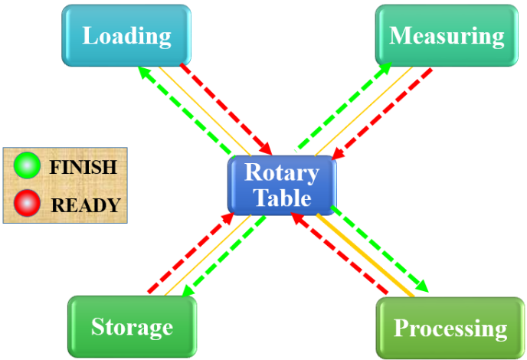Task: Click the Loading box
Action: [126, 35]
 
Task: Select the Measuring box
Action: [447, 35]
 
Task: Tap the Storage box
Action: [132, 327]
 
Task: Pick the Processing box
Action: [450, 329]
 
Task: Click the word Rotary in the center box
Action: [281, 172]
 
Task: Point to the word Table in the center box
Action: [282, 198]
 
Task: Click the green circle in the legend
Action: [28, 165]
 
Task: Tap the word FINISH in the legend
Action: [83, 167]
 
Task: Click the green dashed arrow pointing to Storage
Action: [226, 254]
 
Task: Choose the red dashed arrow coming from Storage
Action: [188, 257]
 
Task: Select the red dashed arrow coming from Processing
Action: [341, 255]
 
